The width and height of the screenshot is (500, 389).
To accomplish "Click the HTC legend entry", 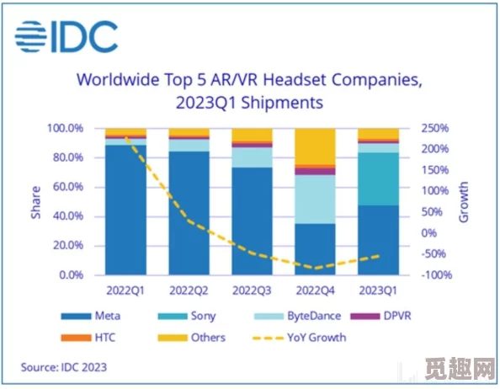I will coord(98,338).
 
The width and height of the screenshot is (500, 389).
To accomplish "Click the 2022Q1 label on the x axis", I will coord(125,290).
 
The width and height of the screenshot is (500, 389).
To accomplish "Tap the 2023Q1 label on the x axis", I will coord(378,290).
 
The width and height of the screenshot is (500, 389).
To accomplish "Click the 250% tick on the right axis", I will coord(436,128).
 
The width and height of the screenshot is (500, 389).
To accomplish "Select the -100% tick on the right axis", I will coord(437,275).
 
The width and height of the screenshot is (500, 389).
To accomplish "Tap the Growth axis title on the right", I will coord(464,202).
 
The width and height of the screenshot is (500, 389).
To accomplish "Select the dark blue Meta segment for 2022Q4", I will coord(315,248).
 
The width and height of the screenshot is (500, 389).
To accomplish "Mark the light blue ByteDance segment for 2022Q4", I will coord(315,199).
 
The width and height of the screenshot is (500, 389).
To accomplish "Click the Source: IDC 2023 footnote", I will coord(64,367).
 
